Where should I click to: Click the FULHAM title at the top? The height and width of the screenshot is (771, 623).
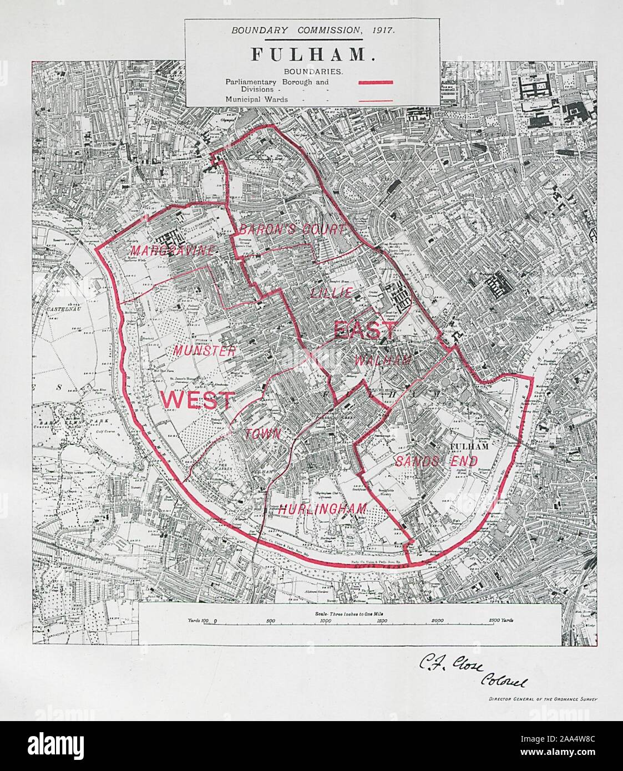(x=313, y=54)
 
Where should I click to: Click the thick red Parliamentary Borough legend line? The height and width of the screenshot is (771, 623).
(x=376, y=82)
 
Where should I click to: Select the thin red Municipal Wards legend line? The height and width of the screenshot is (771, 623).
(x=376, y=100)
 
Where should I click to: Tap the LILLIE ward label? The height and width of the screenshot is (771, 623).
(x=331, y=292)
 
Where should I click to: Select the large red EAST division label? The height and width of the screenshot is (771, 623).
(x=365, y=331)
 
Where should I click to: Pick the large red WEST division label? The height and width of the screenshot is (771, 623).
(x=196, y=399)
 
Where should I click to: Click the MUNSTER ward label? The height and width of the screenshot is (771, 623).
(x=204, y=351)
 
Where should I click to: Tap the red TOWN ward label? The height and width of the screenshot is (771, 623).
(x=264, y=434)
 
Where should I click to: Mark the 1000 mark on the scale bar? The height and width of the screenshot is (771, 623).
(x=326, y=622)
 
